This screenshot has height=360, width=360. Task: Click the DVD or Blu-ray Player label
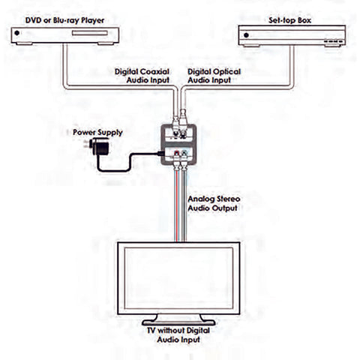(x=64, y=20)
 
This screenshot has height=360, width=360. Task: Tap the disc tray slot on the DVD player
(x=90, y=33)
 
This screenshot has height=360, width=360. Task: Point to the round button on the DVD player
(x=17, y=33)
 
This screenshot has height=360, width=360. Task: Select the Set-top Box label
(x=289, y=20)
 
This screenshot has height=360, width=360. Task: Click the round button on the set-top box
(x=246, y=35)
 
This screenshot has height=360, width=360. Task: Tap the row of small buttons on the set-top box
(x=333, y=41)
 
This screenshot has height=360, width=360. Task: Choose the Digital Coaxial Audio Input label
(x=142, y=76)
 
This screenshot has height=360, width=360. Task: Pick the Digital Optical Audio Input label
(x=214, y=76)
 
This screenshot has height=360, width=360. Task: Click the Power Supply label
(x=97, y=132)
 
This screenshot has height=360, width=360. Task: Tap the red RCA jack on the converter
(x=177, y=153)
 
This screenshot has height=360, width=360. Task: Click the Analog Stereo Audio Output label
(x=214, y=203)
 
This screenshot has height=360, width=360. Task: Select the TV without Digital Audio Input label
(x=178, y=335)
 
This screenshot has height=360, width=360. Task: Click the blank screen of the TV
(x=178, y=278)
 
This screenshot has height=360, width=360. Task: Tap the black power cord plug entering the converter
(x=159, y=154)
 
